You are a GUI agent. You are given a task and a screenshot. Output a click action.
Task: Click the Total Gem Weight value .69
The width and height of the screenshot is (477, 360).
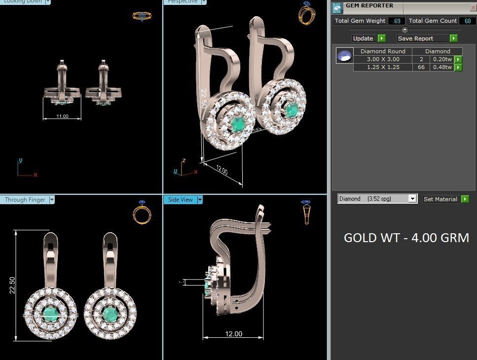pos(397,21)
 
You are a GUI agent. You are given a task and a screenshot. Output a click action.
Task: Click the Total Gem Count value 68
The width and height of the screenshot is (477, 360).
pos(467,21)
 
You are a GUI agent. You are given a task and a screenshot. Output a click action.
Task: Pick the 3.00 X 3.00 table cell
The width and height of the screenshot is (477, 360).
pos(383,59)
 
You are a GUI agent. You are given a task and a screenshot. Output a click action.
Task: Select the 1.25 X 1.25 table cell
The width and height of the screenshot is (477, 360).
pos(383,67)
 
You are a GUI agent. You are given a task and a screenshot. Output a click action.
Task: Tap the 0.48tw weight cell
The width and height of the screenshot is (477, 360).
pos(442,67)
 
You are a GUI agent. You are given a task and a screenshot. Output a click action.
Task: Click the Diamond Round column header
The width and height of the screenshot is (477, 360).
pos(383,51)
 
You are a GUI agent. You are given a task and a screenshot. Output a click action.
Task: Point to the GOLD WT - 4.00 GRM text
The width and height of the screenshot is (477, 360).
pos(406,238)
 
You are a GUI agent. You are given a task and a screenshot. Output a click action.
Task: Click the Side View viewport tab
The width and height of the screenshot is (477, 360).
pos(181,200)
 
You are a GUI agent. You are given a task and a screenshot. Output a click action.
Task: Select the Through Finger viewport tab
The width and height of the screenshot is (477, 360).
pos(25,200)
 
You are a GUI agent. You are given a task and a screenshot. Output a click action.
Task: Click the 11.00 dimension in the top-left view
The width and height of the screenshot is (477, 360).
pos(62,116)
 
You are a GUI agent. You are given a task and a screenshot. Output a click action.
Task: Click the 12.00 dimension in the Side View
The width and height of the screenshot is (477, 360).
pos(233,334)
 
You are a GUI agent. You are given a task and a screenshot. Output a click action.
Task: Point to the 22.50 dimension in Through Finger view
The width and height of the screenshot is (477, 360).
pos(12,286)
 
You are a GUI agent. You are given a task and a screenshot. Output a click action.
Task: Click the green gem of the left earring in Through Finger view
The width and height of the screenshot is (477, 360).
pos(50,314)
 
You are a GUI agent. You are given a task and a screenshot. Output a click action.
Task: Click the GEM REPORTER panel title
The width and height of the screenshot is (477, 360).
pos(369,6)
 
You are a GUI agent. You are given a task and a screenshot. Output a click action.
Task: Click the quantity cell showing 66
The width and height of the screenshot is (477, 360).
pos(421,67)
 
